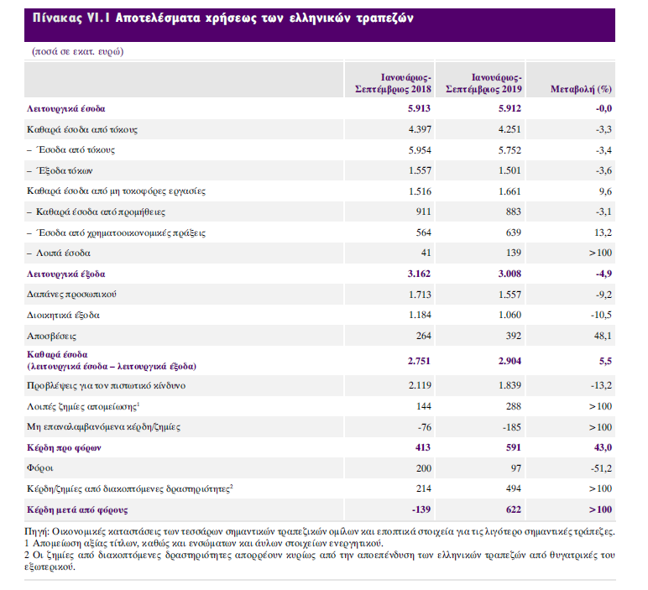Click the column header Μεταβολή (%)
coord(579,87)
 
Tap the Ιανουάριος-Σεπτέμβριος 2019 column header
coord(484,81)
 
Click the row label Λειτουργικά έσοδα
coord(66,109)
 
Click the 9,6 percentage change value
coord(604,191)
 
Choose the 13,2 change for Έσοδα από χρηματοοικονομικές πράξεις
coord(602,232)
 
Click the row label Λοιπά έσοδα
coord(62,253)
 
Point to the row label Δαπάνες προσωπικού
coord(71,294)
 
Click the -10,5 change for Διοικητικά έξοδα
coord(600,315)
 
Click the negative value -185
coord(510,427)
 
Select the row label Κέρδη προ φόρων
coord(63,448)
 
